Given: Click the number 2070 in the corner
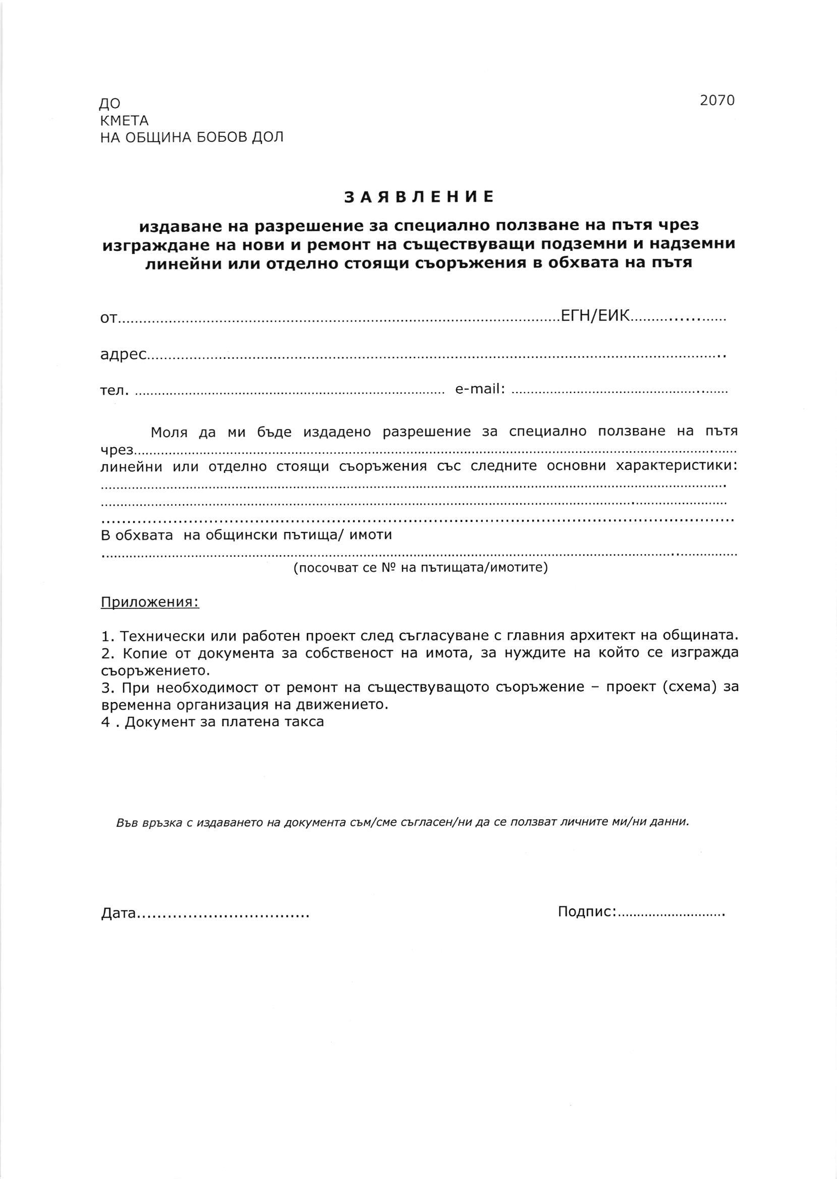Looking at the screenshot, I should [x=717, y=100].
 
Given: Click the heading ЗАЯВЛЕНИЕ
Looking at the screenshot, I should [x=419, y=197].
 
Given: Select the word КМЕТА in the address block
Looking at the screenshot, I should [x=124, y=121].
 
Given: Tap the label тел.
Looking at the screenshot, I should [x=114, y=390].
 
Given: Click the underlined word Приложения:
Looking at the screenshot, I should [x=150, y=602].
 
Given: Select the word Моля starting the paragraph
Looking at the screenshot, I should [x=169, y=432].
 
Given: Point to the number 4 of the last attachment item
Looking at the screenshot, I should [x=105, y=722].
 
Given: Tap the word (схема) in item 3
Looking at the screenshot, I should [x=694, y=688].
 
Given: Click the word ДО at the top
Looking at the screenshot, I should [x=110, y=104].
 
